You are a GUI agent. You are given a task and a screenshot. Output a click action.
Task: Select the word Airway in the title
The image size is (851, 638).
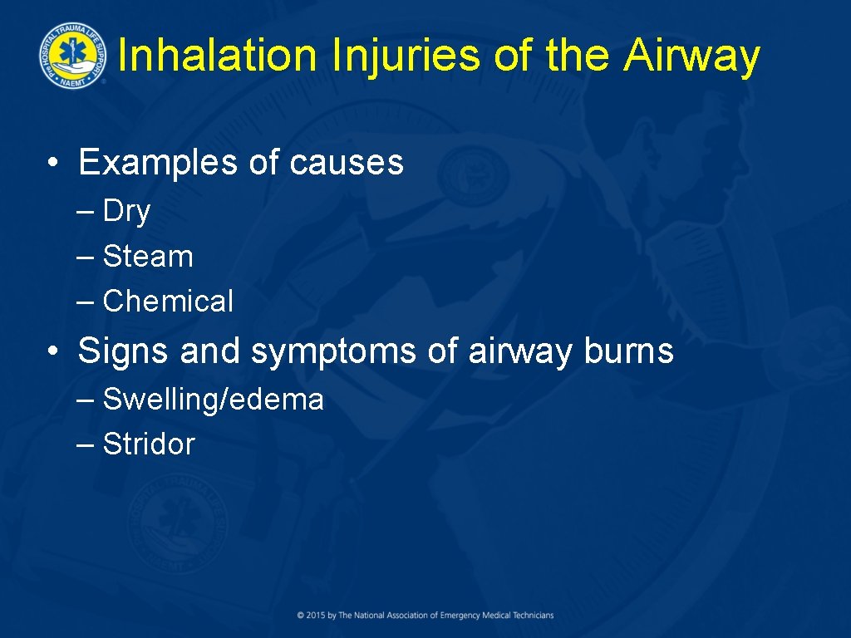pyautogui.click(x=691, y=56)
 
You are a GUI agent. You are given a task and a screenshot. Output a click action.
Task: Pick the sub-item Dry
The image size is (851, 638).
pyautogui.click(x=126, y=212)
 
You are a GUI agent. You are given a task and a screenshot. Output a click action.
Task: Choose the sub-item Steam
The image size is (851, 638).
pyautogui.click(x=148, y=257)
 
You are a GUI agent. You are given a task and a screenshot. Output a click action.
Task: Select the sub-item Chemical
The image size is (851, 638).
pyautogui.click(x=168, y=301)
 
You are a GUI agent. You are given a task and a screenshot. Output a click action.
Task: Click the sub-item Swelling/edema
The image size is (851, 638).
pyautogui.click(x=213, y=400)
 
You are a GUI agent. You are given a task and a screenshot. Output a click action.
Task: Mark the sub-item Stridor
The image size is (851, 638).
pyautogui.click(x=148, y=444)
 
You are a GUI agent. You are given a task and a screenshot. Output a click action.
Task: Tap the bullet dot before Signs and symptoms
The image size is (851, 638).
pyautogui.click(x=52, y=353)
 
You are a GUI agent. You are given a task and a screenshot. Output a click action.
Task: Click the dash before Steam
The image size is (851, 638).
pyautogui.click(x=85, y=258)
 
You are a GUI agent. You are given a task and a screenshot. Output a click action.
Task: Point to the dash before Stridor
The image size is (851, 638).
pyautogui.click(x=85, y=445)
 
